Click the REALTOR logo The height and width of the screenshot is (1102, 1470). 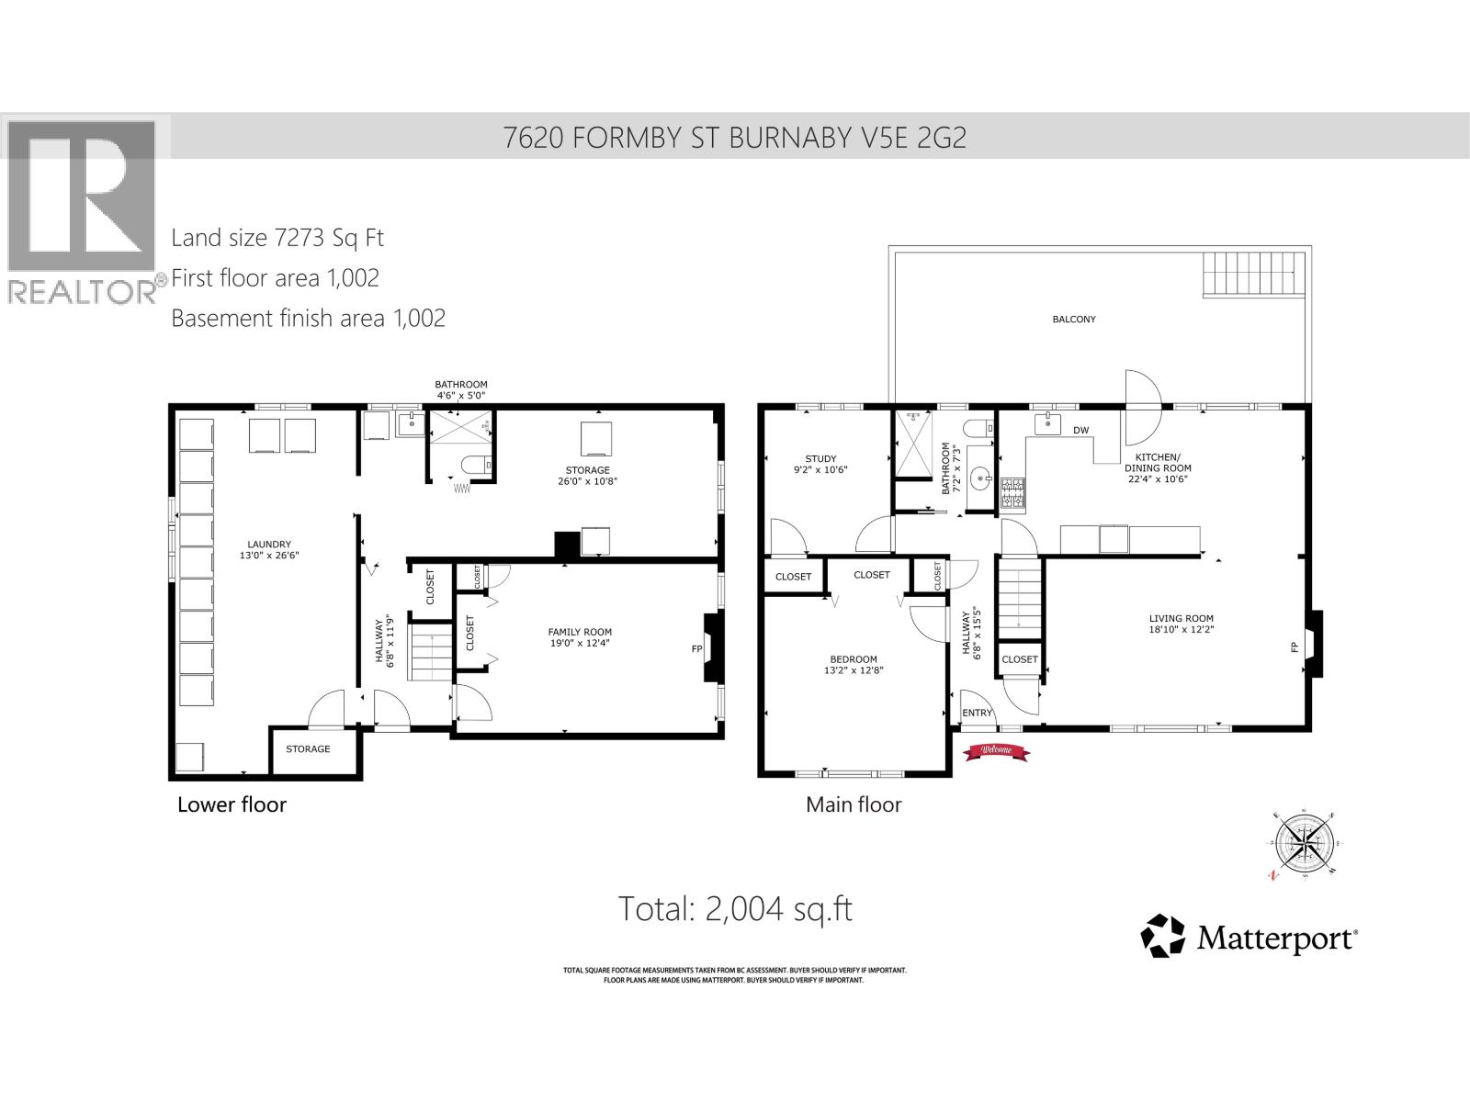click(x=83, y=209)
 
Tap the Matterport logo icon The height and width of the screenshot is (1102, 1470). click(x=1163, y=936)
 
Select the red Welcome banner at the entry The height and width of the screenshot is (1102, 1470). click(x=997, y=751)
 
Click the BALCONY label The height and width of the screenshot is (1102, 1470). click(x=1073, y=320)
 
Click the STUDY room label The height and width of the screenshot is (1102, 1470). click(x=820, y=459)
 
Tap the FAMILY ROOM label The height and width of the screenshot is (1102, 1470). click(x=580, y=632)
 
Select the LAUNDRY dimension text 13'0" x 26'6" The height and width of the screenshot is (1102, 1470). click(x=268, y=556)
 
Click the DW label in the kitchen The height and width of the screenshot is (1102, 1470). click(x=1080, y=430)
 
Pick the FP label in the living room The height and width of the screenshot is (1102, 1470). click(x=1294, y=647)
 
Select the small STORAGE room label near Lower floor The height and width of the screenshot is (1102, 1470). click(x=308, y=749)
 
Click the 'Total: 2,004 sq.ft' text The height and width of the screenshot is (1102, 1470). click(x=735, y=909)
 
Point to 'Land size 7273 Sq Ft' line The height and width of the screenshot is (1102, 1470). click(x=277, y=238)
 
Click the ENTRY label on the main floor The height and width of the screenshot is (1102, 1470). click(x=977, y=713)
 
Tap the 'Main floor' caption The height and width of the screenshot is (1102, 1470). click(x=854, y=805)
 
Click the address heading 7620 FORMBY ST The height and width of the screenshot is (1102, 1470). click(x=735, y=138)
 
